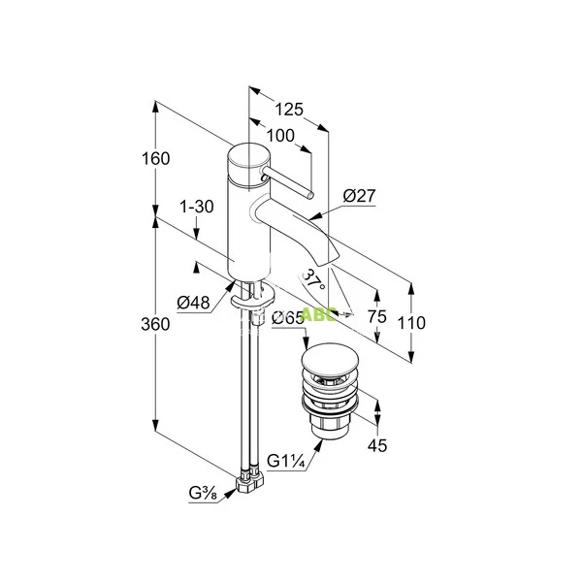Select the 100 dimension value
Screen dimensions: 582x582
point(280,137)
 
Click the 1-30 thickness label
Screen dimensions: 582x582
point(197,207)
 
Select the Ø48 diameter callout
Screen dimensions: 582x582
point(194,302)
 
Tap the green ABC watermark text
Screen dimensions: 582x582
point(318,314)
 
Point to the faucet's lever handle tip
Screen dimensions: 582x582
point(309,194)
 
